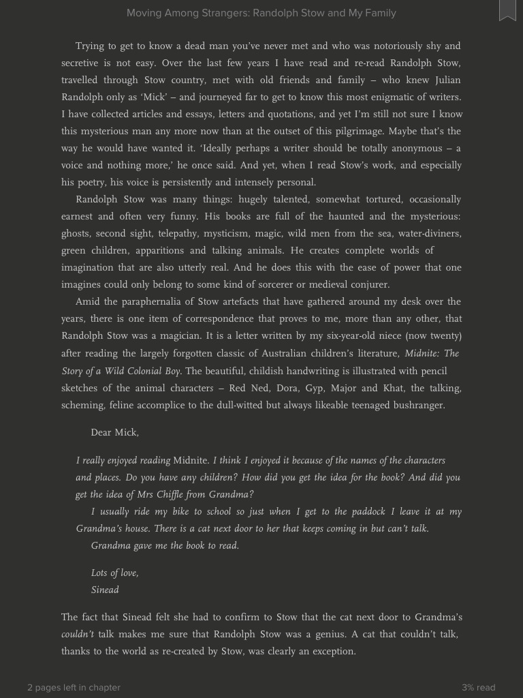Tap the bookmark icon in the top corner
point(507,10)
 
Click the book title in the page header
point(261,13)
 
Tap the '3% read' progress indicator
point(478,687)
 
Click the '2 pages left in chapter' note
point(74,687)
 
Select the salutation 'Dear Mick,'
point(114,432)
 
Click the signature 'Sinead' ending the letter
point(105,590)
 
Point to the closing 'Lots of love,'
point(114,573)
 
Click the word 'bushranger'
point(417,405)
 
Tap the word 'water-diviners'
point(430,233)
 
